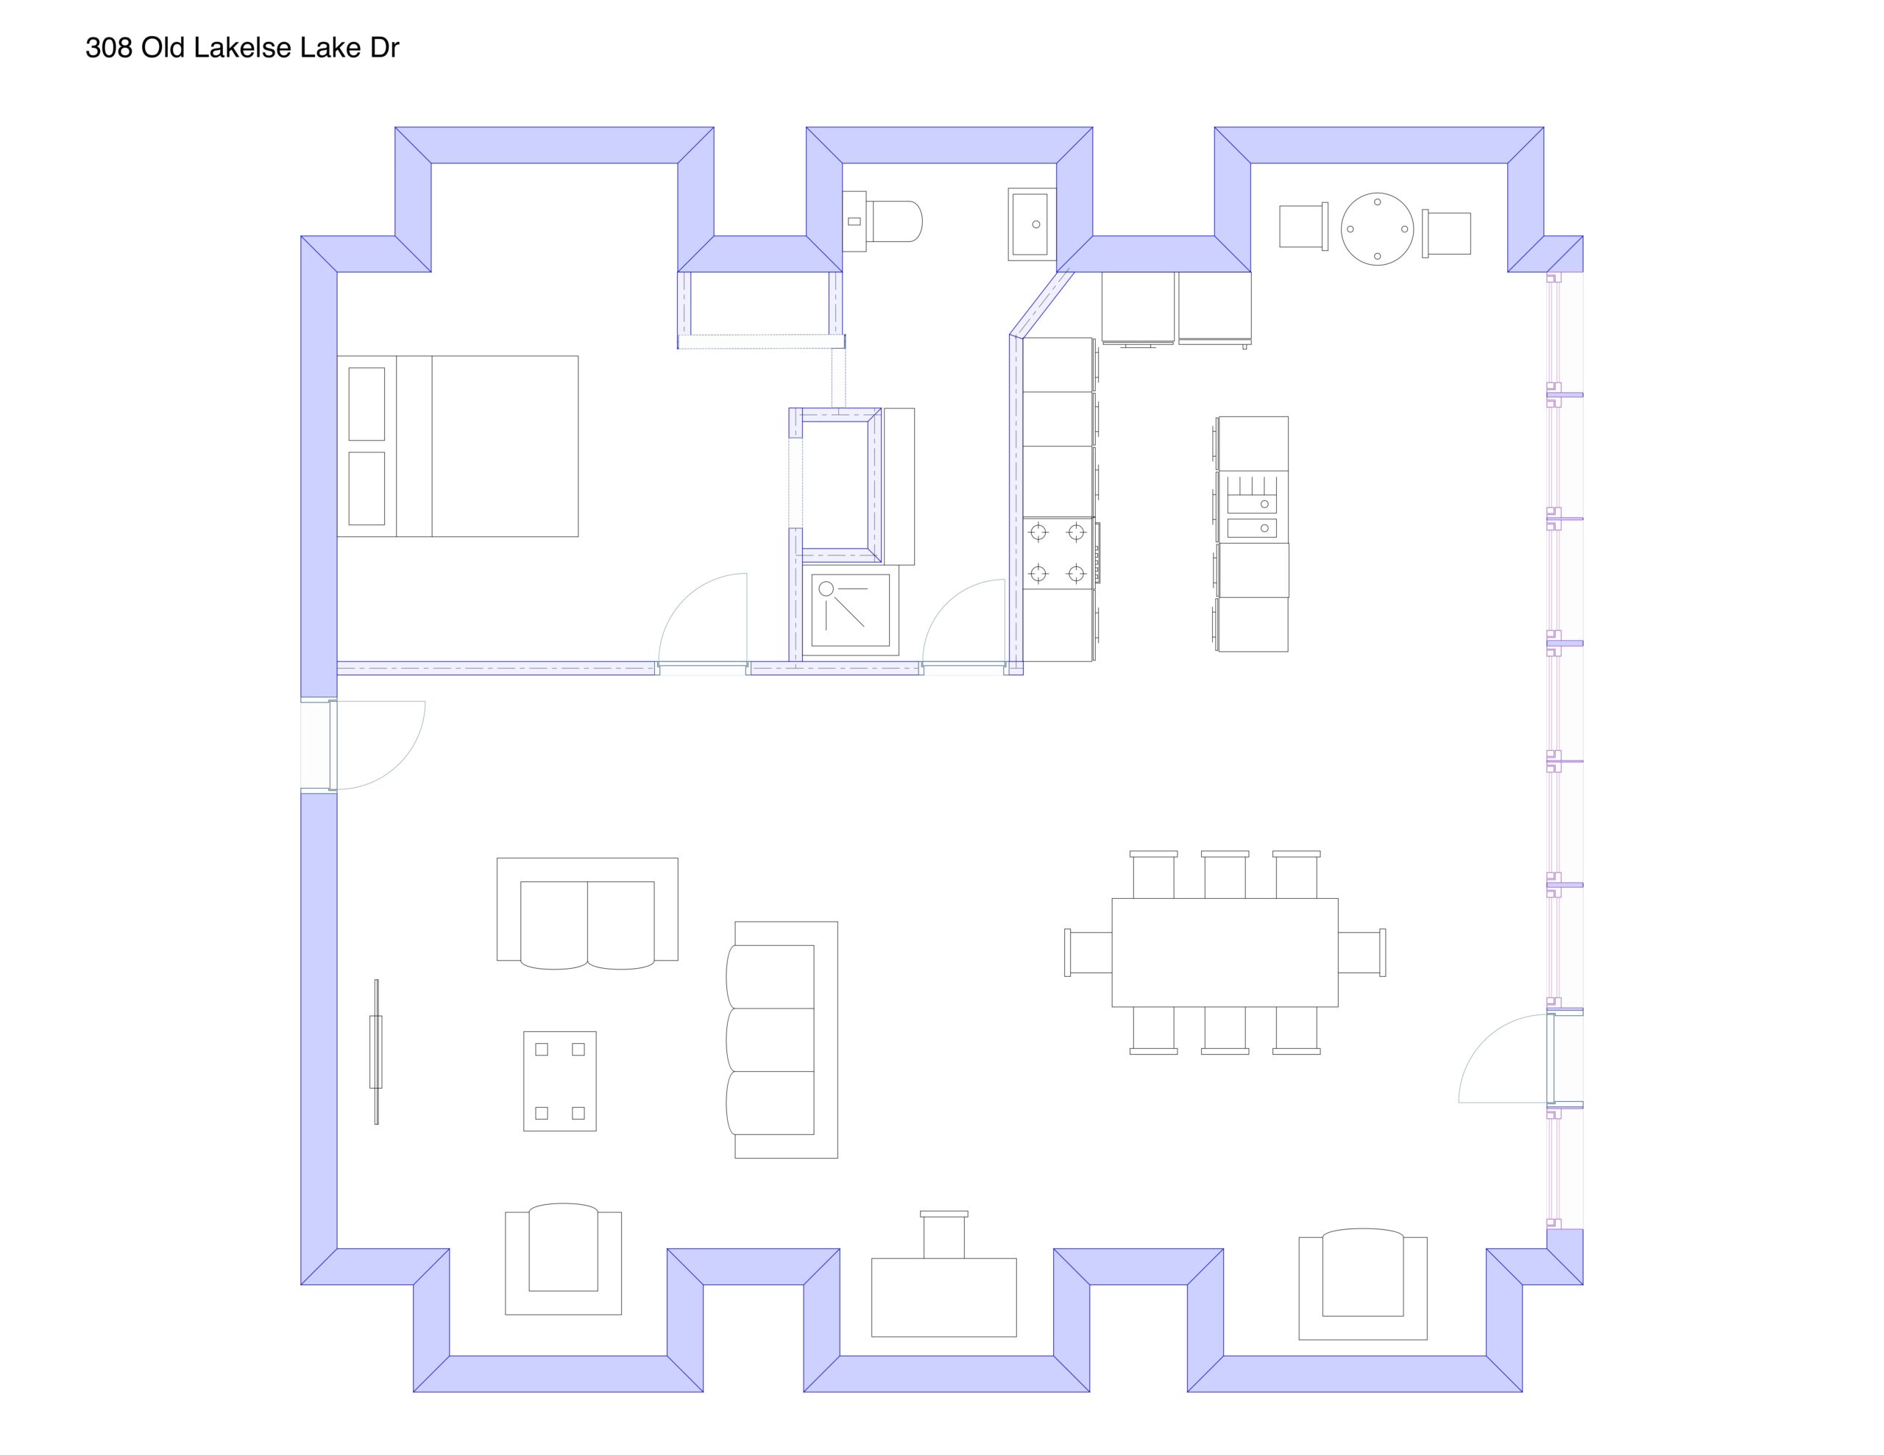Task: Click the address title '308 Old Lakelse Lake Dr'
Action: (x=242, y=49)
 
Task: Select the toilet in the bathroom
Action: (x=882, y=221)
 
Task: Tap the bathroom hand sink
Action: (x=1032, y=224)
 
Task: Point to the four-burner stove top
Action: (x=1058, y=553)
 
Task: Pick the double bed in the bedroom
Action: (x=457, y=446)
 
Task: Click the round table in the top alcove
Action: (x=1377, y=229)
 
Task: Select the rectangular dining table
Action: (x=1225, y=952)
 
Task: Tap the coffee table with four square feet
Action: (x=560, y=1081)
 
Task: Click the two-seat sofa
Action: (x=587, y=913)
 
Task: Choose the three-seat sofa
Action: (x=782, y=1039)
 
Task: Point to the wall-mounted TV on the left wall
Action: (x=376, y=1051)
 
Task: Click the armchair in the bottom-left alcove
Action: (x=563, y=1259)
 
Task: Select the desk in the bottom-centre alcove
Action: (x=943, y=1297)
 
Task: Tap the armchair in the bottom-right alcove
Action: (x=1363, y=1284)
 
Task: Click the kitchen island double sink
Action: (x=1252, y=506)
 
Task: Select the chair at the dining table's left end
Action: (x=1088, y=952)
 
